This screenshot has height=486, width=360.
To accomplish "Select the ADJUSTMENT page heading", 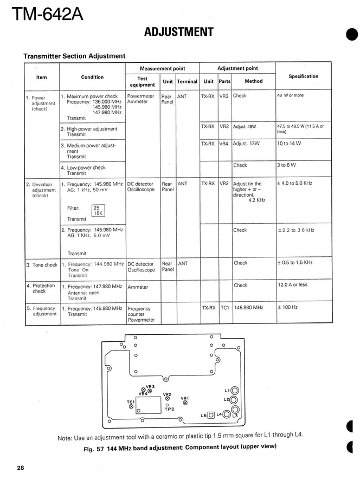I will pyautogui.click(x=178, y=33).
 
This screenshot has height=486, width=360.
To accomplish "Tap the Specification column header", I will pyautogui.click(x=303, y=76).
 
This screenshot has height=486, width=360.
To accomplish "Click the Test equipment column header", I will pyautogui.click(x=142, y=81).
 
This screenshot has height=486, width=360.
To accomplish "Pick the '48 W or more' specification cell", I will pyautogui.click(x=291, y=95).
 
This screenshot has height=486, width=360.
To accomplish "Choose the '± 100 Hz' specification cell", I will pyautogui.click(x=288, y=308).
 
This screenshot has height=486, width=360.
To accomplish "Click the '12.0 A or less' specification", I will pyautogui.click(x=292, y=285).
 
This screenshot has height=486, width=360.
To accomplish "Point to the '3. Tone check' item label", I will pyautogui.click(x=42, y=265).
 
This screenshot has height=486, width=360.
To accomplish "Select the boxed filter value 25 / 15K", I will pyautogui.click(x=98, y=211).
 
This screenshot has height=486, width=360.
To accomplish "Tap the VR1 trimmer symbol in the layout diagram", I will pyautogui.click(x=185, y=403).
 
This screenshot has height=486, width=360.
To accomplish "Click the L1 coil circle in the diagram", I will pyautogui.click(x=235, y=391).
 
